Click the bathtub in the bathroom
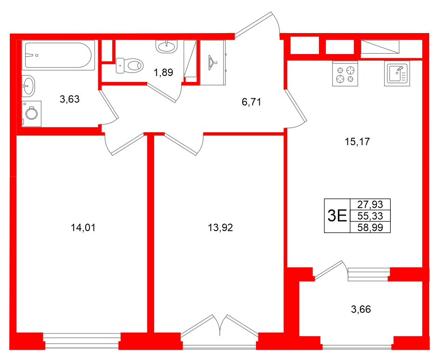click(x=58, y=56)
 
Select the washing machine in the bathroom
click(x=32, y=114)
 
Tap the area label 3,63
click(x=70, y=99)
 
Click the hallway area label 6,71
click(x=251, y=102)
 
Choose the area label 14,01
click(x=82, y=228)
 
